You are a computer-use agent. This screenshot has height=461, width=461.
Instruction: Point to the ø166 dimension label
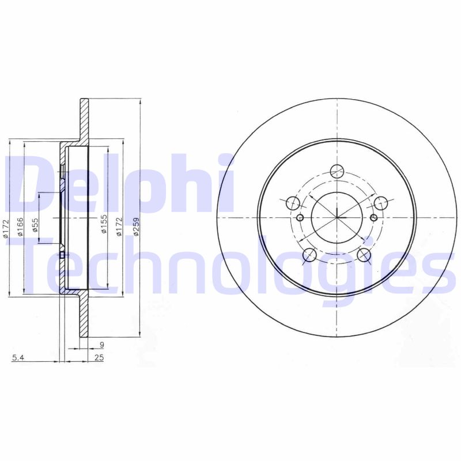(20, 226)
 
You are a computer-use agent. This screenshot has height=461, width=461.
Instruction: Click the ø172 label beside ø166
(5, 226)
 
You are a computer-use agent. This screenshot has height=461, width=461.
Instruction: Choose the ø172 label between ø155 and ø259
(120, 226)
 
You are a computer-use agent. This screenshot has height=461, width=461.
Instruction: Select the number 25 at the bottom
(99, 358)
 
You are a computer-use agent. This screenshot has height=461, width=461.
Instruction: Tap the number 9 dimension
(101, 345)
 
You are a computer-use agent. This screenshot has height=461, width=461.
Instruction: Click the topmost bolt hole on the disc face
(337, 171)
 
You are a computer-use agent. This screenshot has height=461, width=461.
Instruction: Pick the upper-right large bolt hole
(380, 203)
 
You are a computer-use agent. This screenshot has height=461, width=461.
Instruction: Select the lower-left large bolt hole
(309, 255)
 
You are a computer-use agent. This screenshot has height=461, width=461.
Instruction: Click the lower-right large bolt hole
(364, 254)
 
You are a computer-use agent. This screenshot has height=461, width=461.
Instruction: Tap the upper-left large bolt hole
(293, 203)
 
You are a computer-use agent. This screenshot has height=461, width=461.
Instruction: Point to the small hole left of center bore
(300, 217)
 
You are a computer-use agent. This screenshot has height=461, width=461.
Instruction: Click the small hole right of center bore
(373, 217)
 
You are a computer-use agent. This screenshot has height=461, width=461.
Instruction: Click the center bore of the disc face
(337, 218)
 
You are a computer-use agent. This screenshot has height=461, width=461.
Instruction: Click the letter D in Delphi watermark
(29, 183)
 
